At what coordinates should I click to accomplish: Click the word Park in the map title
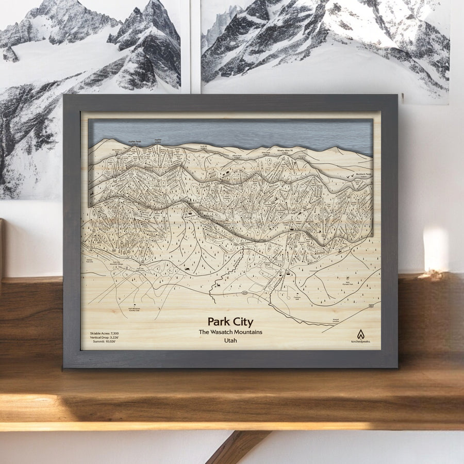(219, 322)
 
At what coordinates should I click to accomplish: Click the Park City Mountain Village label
(119, 263)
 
